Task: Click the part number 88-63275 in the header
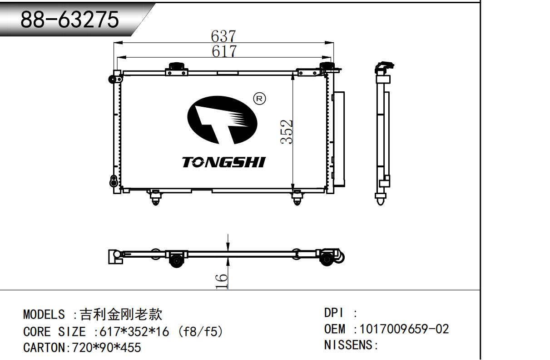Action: [70, 20]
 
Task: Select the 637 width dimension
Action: [223, 36]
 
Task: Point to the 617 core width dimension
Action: [224, 51]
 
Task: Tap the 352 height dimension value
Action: [287, 131]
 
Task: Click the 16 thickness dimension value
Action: [222, 281]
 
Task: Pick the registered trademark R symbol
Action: [259, 99]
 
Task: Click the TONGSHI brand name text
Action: [224, 162]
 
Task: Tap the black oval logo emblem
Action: [222, 120]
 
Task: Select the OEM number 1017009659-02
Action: [404, 329]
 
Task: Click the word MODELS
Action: [44, 315]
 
